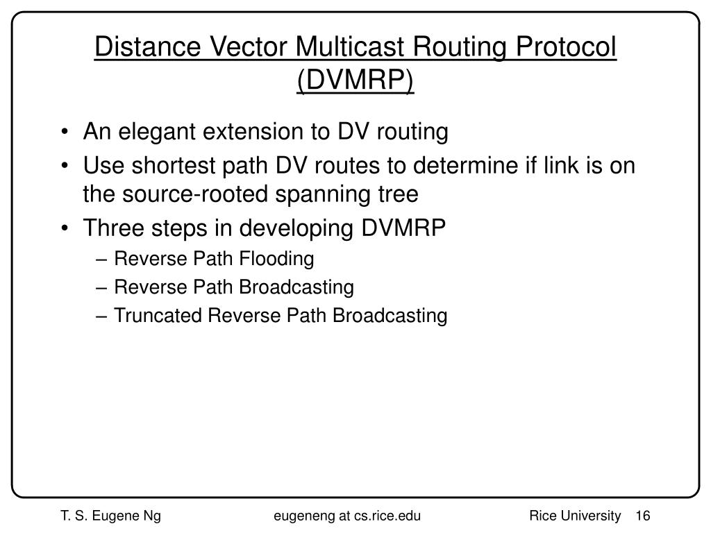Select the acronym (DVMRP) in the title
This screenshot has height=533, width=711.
click(x=355, y=81)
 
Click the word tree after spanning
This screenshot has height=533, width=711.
click(x=399, y=194)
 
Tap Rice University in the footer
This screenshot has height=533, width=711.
click(x=574, y=515)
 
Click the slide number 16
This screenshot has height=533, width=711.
click(x=642, y=515)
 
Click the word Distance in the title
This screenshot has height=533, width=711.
click(x=136, y=49)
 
